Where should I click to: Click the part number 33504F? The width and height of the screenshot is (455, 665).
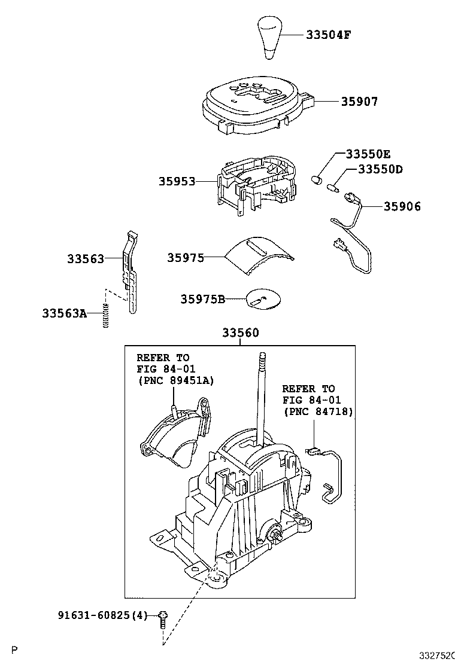[x=329, y=35]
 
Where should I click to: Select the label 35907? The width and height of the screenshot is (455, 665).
[x=359, y=102]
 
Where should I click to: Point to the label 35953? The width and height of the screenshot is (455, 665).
[x=177, y=182]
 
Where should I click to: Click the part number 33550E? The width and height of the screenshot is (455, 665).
[x=368, y=154]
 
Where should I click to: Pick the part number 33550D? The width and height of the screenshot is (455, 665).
[x=380, y=169]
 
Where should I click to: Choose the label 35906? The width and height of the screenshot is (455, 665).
[x=402, y=206]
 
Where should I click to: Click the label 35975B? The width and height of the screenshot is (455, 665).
[x=203, y=299]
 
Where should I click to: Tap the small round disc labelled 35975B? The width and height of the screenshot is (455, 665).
[x=264, y=300]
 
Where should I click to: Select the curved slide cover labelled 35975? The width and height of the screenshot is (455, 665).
[x=259, y=255]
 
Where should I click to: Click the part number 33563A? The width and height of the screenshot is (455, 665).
[x=65, y=313]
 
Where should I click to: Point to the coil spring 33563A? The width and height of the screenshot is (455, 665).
[x=106, y=316]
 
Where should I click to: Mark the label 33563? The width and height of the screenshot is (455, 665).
[x=85, y=259]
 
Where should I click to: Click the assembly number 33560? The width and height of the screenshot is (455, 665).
[x=241, y=333]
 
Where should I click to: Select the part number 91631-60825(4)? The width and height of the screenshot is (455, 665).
[x=102, y=615]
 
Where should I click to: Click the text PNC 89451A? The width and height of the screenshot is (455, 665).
[x=176, y=380]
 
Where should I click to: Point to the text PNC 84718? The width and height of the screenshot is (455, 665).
[x=318, y=411]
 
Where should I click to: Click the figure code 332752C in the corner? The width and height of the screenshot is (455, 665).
[x=437, y=655]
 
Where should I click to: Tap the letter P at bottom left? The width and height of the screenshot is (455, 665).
[x=15, y=649]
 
